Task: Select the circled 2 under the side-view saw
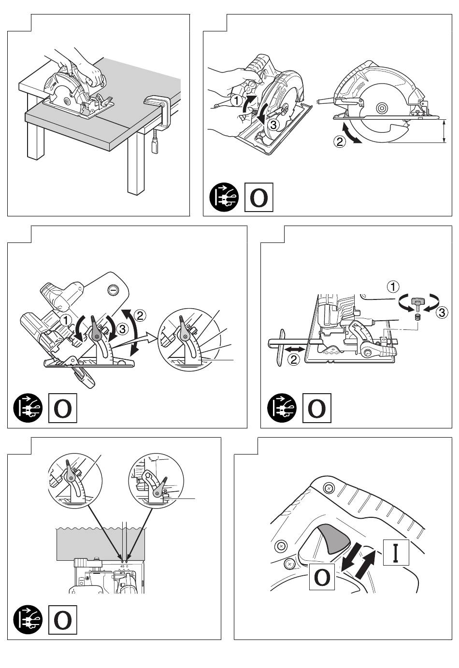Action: (x=340, y=142)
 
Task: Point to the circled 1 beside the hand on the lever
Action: (x=235, y=100)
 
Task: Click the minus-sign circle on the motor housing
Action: (x=113, y=290)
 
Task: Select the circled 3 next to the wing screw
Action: (x=442, y=313)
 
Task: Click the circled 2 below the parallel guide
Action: (x=294, y=359)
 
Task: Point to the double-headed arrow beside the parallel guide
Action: (x=294, y=348)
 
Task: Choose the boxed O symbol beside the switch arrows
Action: (x=322, y=577)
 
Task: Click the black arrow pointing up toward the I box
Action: (x=365, y=563)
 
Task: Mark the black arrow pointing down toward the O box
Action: (x=349, y=555)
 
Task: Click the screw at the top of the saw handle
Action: (x=329, y=487)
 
